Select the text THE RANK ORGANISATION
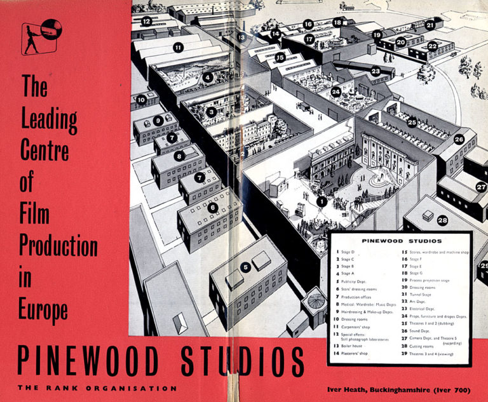click(97, 388)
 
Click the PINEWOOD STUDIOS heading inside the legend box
click(398, 241)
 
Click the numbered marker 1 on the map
click(322, 202)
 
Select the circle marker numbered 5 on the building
click(245, 267)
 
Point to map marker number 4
click(208, 77)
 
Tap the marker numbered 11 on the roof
click(179, 47)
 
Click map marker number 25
click(412, 121)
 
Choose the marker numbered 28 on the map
click(442, 220)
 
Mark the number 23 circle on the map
click(376, 71)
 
